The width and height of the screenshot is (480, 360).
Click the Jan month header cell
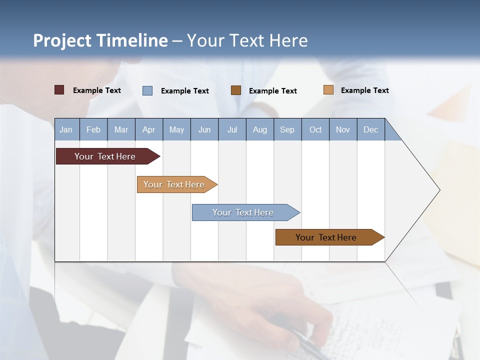click(66, 129)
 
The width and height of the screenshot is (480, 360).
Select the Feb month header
click(93, 129)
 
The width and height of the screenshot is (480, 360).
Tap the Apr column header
click(149, 129)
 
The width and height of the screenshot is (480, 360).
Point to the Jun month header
click(204, 129)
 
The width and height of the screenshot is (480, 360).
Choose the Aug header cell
click(260, 129)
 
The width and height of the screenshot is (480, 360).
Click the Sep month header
click(287, 129)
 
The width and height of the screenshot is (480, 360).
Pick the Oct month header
click(315, 129)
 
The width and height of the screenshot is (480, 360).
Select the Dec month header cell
click(371, 129)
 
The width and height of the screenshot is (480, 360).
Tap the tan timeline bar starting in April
click(175, 184)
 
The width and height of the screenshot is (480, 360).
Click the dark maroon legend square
click(59, 90)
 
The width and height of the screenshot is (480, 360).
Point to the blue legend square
click(147, 90)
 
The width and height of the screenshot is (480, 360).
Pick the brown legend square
click(236, 90)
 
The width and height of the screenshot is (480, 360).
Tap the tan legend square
click(328, 90)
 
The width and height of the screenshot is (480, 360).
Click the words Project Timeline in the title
click(100, 40)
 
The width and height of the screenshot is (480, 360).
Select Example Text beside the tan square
click(364, 90)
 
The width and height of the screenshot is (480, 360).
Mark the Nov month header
click(343, 129)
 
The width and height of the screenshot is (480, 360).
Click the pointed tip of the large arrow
click(438, 190)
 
